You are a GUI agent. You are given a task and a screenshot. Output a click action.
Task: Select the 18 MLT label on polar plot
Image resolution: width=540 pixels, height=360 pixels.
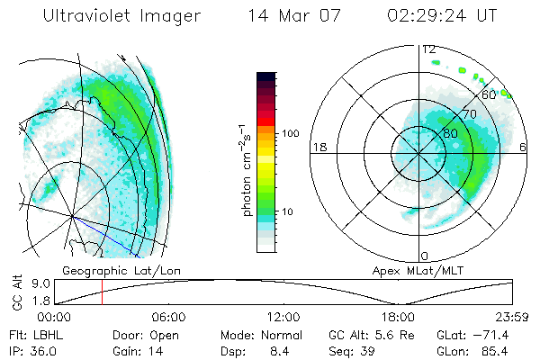pyautogui.click(x=318, y=147)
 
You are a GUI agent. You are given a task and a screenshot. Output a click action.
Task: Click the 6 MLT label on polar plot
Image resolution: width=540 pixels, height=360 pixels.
pyautogui.click(x=524, y=147)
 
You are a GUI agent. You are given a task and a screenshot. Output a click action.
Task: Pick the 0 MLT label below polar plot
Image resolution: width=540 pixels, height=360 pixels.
pyautogui.click(x=426, y=256)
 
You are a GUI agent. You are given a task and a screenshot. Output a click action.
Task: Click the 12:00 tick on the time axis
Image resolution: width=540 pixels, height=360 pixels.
pyautogui.click(x=283, y=317)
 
